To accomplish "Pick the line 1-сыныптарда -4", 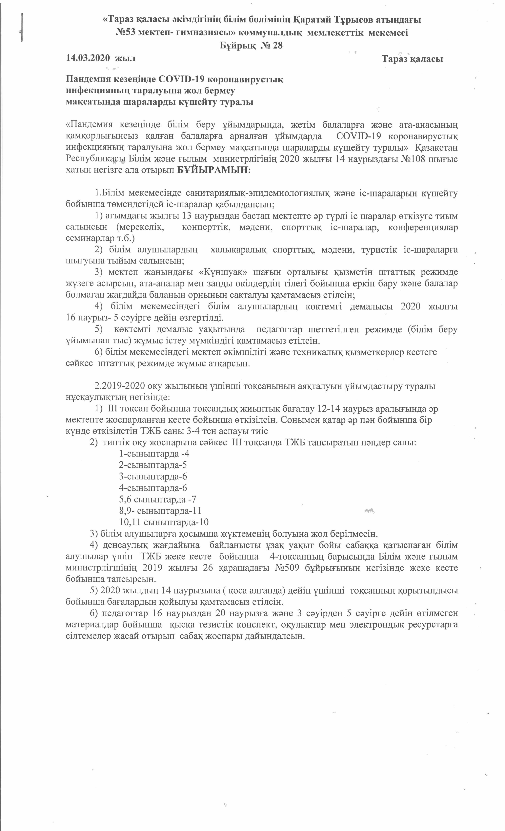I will point(154,454).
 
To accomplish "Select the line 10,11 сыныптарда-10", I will point(164,522).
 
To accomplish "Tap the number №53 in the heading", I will point(126,33).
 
